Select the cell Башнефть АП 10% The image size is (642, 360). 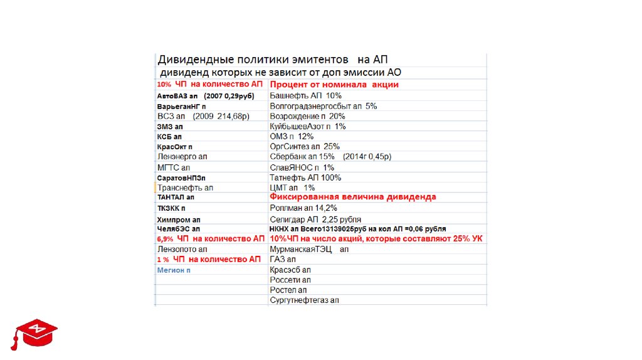coord(305,96)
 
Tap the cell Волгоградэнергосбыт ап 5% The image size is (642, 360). coord(323,106)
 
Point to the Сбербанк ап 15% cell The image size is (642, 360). coord(334,157)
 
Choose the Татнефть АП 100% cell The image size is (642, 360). coord(305,177)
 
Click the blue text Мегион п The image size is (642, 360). coord(174,270)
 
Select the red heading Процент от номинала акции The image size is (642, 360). coord(334,85)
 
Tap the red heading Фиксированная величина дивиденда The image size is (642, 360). coord(352,197)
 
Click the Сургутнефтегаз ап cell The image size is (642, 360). coord(304,300)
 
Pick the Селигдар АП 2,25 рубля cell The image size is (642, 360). coord(315,218)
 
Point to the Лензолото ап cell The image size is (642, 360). coord(182,249)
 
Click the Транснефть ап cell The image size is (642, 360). coord(186,188)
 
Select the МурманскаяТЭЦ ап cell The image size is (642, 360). coord(308,249)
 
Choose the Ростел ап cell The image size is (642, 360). coord(288,290)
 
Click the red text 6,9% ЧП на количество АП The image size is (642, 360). coord(211,239)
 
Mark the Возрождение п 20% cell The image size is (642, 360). coord(307,116)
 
